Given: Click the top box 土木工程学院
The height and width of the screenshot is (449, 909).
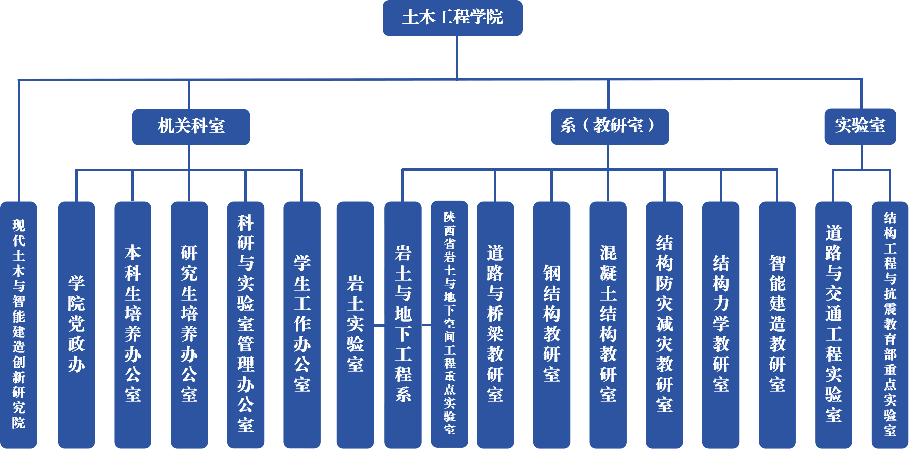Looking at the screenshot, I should click(x=452, y=18).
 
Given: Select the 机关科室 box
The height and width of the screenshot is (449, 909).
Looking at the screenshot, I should click(x=191, y=126).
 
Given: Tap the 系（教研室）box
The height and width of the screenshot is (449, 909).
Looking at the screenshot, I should click(x=610, y=126).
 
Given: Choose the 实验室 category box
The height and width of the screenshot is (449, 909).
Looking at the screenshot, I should click(x=860, y=126).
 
